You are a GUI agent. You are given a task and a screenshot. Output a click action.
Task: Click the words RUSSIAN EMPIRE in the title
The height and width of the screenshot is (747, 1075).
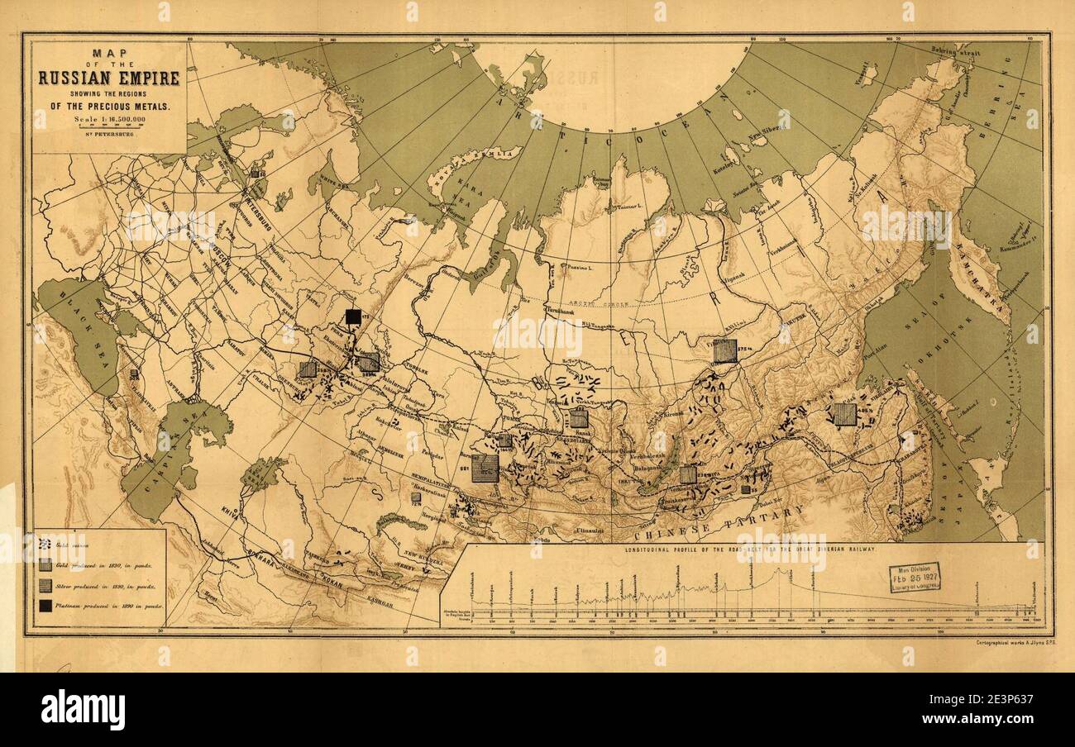coord(108,79)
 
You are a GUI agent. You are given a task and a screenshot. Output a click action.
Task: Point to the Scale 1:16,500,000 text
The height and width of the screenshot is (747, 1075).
coord(108,121)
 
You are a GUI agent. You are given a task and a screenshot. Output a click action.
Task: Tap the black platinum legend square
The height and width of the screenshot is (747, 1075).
coord(45,606)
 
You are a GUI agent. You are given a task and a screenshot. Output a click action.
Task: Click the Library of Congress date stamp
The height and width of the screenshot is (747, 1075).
coord(914,577)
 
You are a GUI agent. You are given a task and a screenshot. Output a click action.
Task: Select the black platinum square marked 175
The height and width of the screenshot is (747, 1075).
coord(353,316)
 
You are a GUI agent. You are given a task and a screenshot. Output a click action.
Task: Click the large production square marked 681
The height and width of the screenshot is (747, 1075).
coord(485,468)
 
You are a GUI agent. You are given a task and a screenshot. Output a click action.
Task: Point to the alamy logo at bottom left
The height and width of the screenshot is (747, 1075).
coord(83,709)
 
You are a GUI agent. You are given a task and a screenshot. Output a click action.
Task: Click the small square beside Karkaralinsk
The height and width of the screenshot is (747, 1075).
coord(416,498)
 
